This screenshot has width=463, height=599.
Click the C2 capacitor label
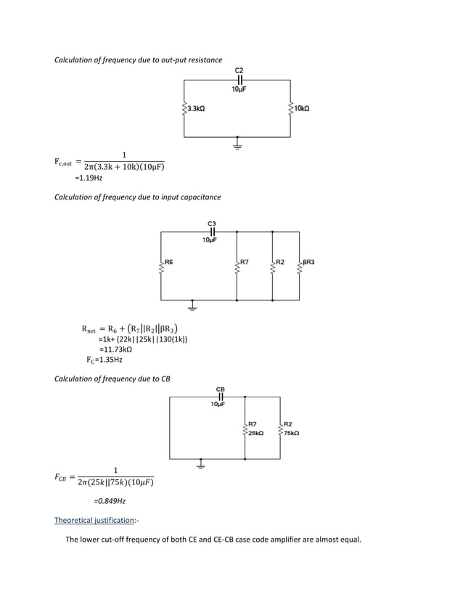point(239,70)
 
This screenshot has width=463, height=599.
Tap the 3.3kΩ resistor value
point(196,108)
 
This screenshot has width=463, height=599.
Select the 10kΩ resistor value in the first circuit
point(301,108)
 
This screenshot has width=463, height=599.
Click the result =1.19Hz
point(89,178)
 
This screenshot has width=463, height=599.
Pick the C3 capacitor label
point(211,223)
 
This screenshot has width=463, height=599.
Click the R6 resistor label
point(168,260)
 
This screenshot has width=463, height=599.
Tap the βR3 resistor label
point(308,260)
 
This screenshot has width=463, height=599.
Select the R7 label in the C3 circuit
point(245,260)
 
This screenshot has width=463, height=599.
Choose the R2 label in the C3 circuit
point(279,260)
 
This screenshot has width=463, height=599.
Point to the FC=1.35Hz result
point(104,359)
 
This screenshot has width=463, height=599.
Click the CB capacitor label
point(220,389)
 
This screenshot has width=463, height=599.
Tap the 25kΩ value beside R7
point(255,433)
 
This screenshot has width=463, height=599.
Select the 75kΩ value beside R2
point(290,433)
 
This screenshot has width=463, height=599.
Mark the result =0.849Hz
point(110,501)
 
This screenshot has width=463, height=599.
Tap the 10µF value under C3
point(210,239)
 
